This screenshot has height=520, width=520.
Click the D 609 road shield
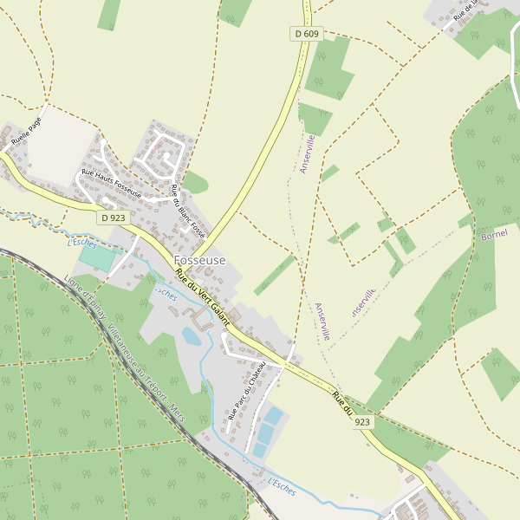[x=306, y=34]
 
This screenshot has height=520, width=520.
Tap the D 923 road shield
[x=113, y=218]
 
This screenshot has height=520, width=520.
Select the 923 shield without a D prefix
[x=362, y=422]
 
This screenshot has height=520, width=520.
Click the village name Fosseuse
[x=199, y=260]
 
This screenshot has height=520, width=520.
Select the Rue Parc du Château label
[x=245, y=393]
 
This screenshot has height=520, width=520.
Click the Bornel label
[x=494, y=233]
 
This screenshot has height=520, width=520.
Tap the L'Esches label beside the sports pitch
[x=82, y=243]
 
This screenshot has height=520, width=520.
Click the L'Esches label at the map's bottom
[x=281, y=488]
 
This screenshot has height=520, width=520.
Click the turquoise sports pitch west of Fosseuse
[x=100, y=259]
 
